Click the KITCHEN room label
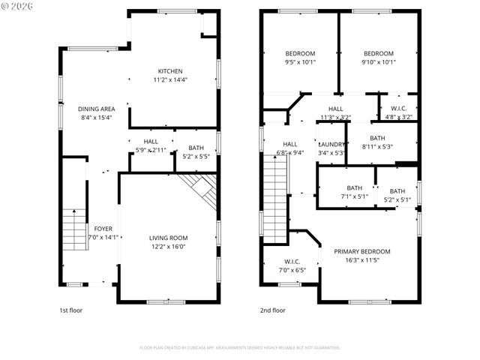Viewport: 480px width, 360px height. (169, 71)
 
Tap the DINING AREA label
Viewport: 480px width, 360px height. (96, 109)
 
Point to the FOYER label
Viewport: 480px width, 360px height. (103, 229)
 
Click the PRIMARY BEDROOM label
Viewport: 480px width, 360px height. (362, 251)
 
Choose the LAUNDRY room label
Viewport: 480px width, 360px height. (331, 144)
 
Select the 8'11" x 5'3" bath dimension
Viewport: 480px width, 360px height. (377, 146)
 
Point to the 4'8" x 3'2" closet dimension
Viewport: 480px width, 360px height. (397, 117)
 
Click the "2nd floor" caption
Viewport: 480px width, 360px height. (273, 310)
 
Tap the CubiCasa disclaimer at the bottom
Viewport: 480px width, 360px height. (239, 347)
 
